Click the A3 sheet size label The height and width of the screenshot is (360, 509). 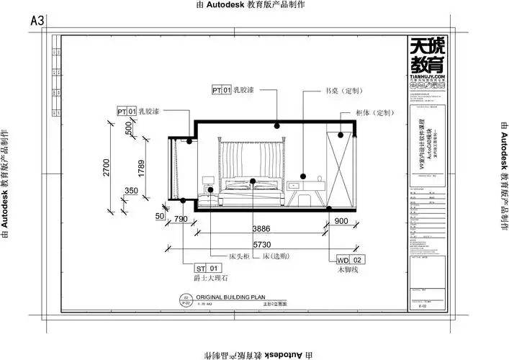pos(37,22)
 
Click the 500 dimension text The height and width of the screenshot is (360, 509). pos(129,128)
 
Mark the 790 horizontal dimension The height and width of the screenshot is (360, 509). pos(181,220)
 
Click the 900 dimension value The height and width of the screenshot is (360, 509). pos(341,222)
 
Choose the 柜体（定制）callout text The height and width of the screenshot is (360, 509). pos(375,113)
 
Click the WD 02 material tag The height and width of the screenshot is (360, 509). pos(352,259)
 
